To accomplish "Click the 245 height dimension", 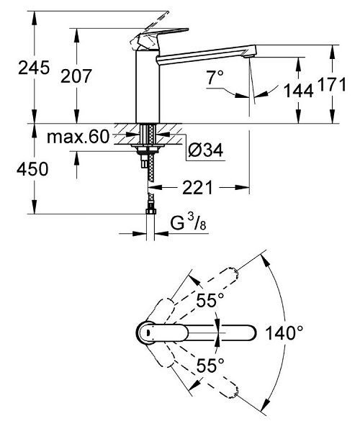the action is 34,68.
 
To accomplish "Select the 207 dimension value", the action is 76,76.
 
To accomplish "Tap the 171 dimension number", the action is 332,84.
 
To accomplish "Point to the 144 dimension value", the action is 299,91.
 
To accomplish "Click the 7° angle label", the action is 215,77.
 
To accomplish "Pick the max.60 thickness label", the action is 78,137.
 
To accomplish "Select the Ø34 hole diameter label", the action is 206,150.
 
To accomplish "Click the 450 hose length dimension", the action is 32,168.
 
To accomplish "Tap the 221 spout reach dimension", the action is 197,188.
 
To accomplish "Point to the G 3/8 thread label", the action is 188,222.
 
